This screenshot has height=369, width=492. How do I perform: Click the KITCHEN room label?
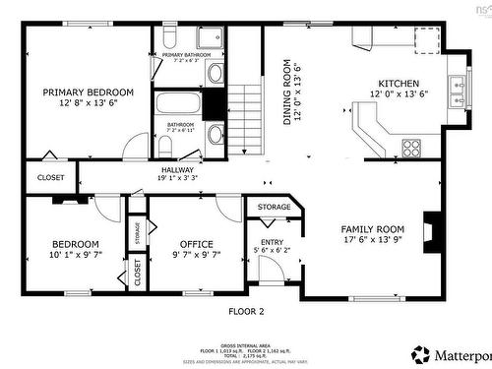(396, 84)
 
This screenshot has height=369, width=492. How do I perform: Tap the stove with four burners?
(411, 149)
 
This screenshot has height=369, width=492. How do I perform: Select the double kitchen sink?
(457, 92)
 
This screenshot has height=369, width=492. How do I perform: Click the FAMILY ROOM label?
(372, 227)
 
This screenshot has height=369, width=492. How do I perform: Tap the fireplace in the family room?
(431, 228)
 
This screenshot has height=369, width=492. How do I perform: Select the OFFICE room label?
(196, 244)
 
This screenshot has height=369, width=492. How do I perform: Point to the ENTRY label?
(271, 243)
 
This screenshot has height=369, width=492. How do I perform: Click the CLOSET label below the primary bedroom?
(50, 177)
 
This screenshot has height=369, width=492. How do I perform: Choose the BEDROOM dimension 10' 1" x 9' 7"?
(76, 254)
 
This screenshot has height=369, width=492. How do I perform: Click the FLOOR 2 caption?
(247, 311)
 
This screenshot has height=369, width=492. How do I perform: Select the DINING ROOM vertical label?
(288, 92)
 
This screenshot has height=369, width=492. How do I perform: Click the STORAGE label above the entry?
(275, 208)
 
